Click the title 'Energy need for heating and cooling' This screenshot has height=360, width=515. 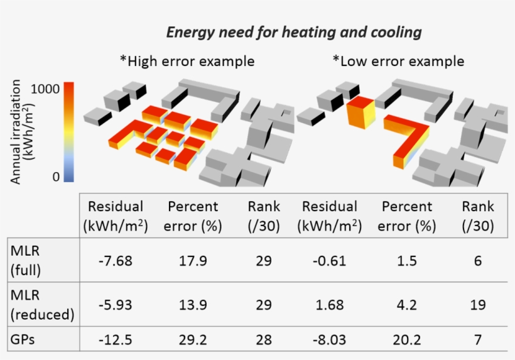pyautogui.click(x=293, y=33)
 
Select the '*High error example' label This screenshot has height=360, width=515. pyautogui.click(x=187, y=62)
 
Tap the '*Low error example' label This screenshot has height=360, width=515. pyautogui.click(x=398, y=62)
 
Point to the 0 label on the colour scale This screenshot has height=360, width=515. pyautogui.click(x=56, y=177)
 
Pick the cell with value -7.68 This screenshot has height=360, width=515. pyautogui.click(x=116, y=260)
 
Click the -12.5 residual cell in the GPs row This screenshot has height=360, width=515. pyautogui.click(x=116, y=340)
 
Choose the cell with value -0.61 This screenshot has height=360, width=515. pyautogui.click(x=329, y=260)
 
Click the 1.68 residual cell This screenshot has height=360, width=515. pyautogui.click(x=329, y=305)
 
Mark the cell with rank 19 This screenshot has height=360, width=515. pyautogui.click(x=477, y=305)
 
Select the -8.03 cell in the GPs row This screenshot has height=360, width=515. pyautogui.click(x=329, y=340)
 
